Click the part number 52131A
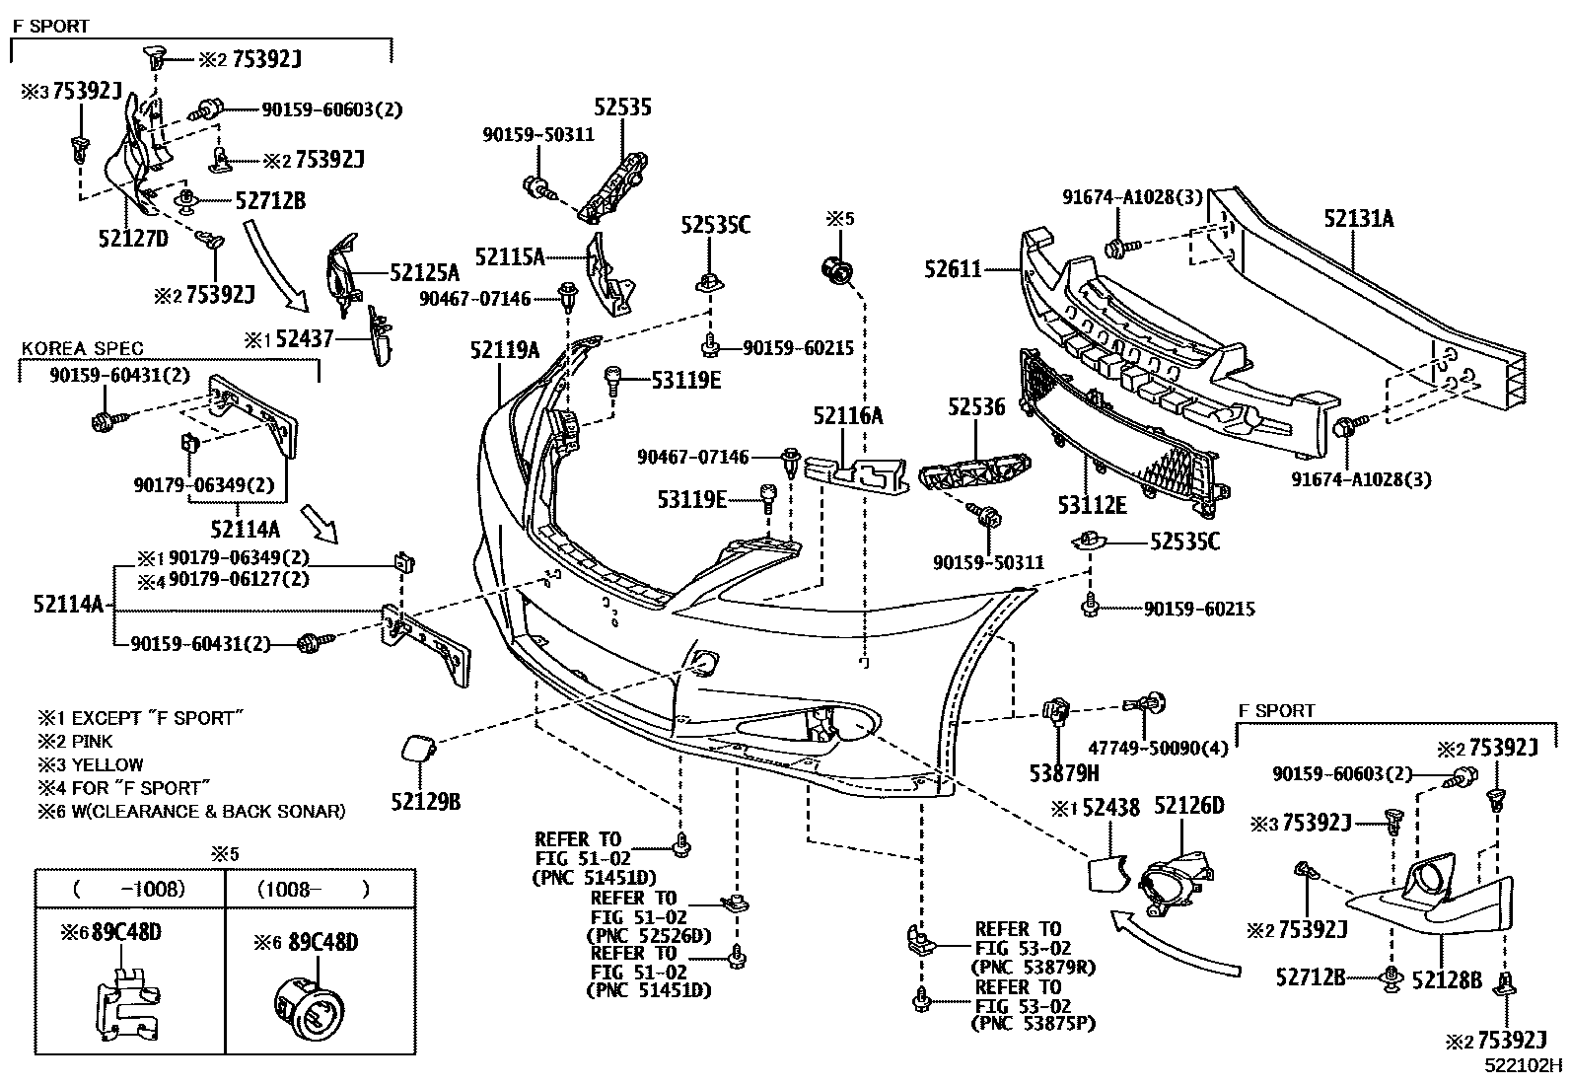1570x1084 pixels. coord(1358,219)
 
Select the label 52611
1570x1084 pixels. coord(953,267)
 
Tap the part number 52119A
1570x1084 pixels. coord(504,350)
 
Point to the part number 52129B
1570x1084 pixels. coord(425,801)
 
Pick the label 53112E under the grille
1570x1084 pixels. coord(1092,505)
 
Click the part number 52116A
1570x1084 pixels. coord(848,416)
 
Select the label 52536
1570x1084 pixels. coord(976,406)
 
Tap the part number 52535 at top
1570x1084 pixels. coord(622,108)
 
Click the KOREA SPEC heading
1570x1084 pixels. coord(83,349)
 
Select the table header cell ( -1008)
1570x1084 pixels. coord(128,889)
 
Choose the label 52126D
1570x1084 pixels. coord(1188,807)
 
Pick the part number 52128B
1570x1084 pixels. coord(1447,979)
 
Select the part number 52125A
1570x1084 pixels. coord(425,272)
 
